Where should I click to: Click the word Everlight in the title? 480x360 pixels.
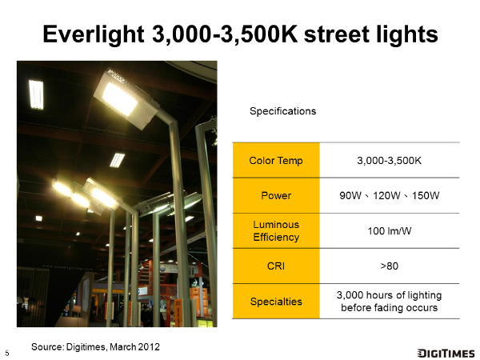(94, 34)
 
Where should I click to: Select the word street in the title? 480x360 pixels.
(337, 34)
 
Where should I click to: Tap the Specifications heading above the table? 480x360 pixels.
(283, 111)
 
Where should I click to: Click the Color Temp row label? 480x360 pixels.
(276, 161)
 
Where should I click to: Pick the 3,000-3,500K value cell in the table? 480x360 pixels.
(389, 161)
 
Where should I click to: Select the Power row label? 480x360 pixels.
(276, 196)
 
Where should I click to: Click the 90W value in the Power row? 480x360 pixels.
(350, 196)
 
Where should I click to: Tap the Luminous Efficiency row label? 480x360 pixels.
(276, 231)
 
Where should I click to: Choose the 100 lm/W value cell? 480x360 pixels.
(389, 231)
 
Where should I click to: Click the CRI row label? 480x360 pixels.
(276, 266)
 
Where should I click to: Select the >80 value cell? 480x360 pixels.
(389, 266)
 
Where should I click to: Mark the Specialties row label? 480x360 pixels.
(276, 302)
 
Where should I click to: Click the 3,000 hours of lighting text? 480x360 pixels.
(389, 295)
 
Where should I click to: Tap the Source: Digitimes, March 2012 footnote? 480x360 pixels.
(95, 347)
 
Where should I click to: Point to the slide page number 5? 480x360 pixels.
(7, 353)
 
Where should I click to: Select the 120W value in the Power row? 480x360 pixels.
(386, 196)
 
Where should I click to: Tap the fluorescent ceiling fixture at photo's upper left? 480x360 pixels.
(36, 94)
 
